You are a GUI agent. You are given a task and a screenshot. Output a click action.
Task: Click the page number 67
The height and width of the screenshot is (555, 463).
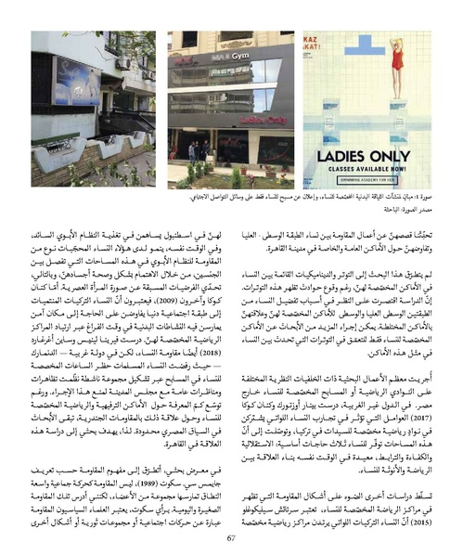(231, 536)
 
